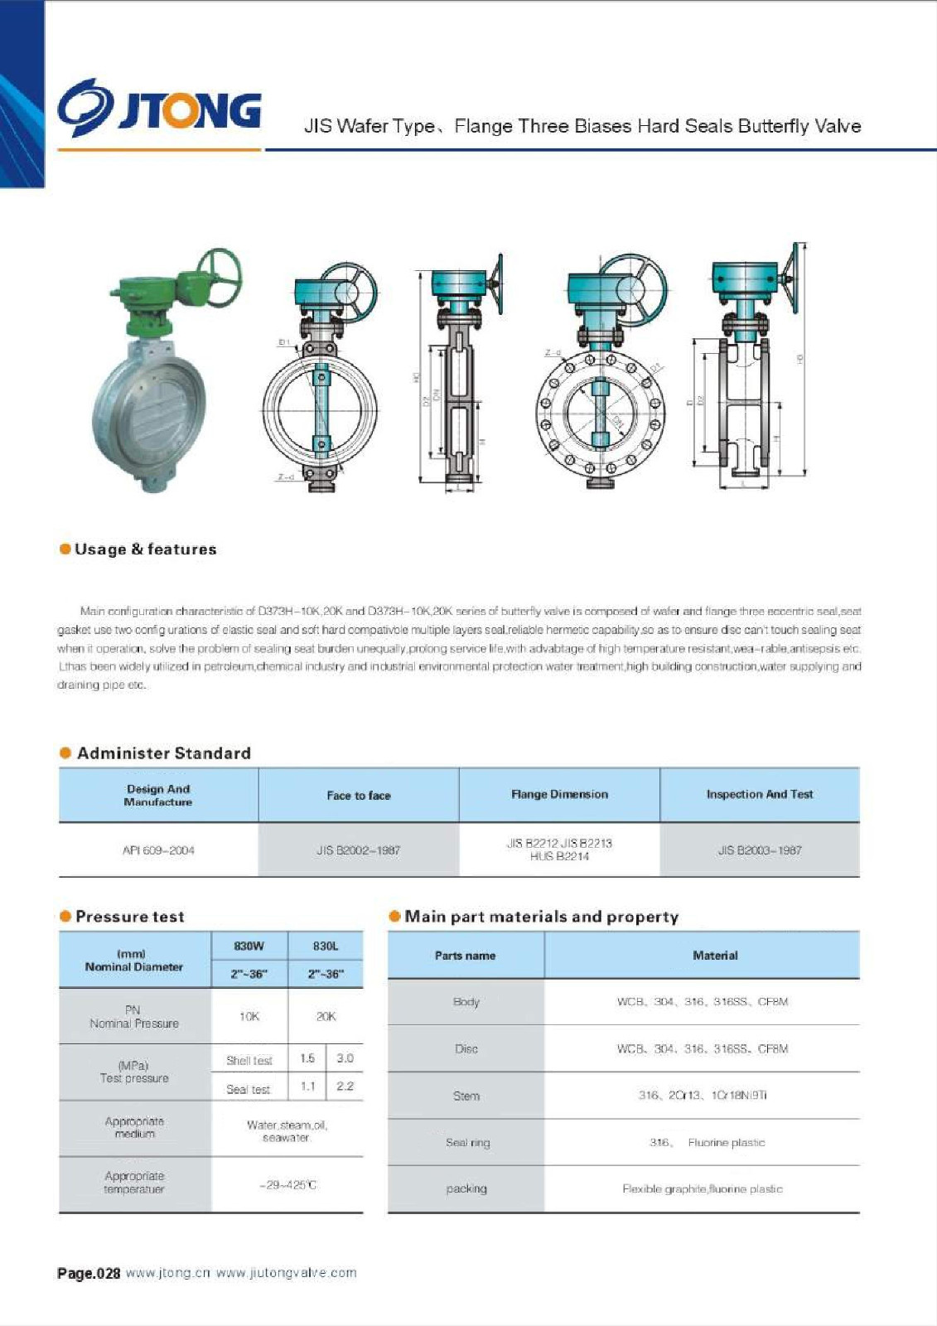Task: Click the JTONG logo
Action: click(159, 109)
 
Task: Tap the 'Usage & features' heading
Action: click(145, 549)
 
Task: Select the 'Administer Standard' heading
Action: click(163, 753)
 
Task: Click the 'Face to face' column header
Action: click(358, 796)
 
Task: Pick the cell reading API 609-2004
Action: click(158, 850)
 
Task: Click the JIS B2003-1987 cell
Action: click(759, 850)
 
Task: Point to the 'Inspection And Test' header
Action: click(759, 794)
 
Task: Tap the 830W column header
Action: click(249, 946)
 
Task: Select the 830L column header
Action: click(326, 946)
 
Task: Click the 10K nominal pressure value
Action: click(249, 1016)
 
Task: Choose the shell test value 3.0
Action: click(345, 1058)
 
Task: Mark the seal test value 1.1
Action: click(307, 1086)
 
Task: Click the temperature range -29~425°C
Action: click(287, 1185)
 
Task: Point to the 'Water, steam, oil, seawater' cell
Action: click(287, 1131)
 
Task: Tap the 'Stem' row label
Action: click(466, 1096)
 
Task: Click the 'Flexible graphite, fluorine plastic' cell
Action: click(702, 1189)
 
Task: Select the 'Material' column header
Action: click(715, 956)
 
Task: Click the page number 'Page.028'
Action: click(89, 1273)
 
